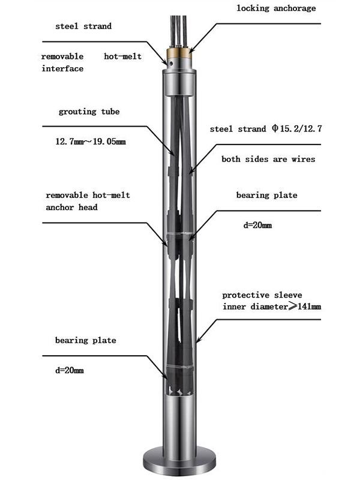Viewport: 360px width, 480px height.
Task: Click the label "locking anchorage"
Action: (275, 8)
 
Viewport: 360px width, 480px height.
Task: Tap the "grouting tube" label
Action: (89, 112)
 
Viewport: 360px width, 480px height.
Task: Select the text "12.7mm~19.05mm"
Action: (90, 142)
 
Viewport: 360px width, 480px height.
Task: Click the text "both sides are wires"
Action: (268, 160)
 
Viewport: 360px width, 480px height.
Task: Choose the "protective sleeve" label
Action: (262, 295)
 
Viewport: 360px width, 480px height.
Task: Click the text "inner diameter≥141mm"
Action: (271, 307)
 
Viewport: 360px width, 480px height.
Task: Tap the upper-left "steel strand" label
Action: (83, 27)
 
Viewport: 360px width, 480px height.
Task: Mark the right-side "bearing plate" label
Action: (266, 196)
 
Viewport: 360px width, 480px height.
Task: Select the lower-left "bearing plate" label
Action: (85, 341)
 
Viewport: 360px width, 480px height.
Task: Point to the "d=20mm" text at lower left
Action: (70, 370)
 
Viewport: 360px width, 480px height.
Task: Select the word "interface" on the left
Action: (62, 68)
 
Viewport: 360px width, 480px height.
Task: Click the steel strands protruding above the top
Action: (179, 24)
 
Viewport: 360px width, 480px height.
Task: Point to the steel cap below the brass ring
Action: (179, 77)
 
